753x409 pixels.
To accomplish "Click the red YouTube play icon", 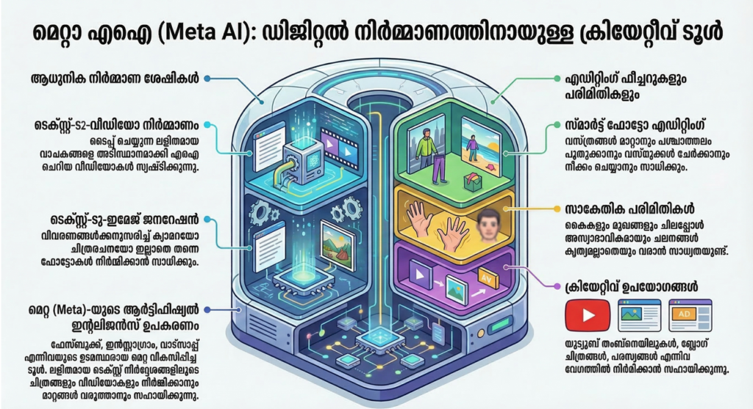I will tap(583, 315).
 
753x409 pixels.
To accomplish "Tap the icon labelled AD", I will tap(690, 314).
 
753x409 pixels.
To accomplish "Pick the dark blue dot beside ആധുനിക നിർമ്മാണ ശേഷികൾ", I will tap(208, 78).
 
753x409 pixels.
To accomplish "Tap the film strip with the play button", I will tap(339, 145).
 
